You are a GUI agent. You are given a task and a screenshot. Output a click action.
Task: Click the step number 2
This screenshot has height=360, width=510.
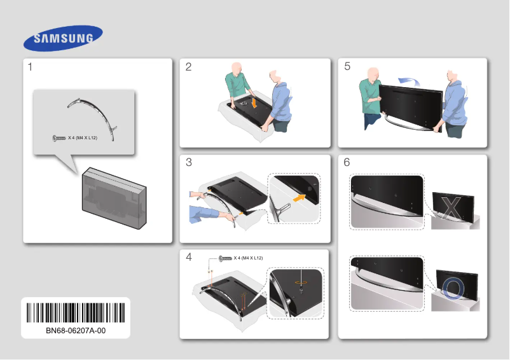pyautogui.click(x=188, y=67)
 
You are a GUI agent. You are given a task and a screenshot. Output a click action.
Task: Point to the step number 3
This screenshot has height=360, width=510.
pyautogui.click(x=188, y=163)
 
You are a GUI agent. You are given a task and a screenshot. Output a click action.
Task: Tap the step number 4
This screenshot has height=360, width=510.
pyautogui.click(x=188, y=258)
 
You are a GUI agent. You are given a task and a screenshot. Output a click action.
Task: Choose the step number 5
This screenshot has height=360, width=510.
pyautogui.click(x=347, y=67)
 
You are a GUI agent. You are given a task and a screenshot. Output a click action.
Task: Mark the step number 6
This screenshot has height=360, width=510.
pyautogui.click(x=347, y=163)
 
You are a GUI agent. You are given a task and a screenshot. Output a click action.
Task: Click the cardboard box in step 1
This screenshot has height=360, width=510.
pyautogui.click(x=114, y=199)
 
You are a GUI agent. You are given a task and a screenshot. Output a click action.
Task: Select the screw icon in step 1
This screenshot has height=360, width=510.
pyautogui.click(x=59, y=138)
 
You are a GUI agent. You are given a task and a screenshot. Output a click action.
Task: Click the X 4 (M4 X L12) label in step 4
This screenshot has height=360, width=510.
pyautogui.click(x=248, y=258)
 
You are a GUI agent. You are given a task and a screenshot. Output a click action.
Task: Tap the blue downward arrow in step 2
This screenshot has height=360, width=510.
pyautogui.click(x=254, y=102)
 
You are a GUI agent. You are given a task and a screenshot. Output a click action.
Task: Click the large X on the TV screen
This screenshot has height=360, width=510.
pyautogui.click(x=451, y=207)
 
